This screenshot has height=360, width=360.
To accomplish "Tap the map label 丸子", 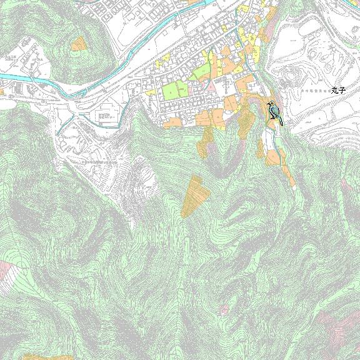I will (338, 91).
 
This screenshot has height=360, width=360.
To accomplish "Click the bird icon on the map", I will (274, 112).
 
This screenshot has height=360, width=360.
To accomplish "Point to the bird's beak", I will (267, 104).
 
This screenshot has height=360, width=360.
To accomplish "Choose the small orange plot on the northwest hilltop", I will (79, 43).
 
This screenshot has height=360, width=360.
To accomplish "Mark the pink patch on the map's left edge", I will (6, 272).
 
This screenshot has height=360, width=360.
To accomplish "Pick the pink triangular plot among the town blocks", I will (211, 86).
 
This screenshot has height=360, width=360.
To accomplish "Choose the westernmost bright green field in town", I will (170, 91).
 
